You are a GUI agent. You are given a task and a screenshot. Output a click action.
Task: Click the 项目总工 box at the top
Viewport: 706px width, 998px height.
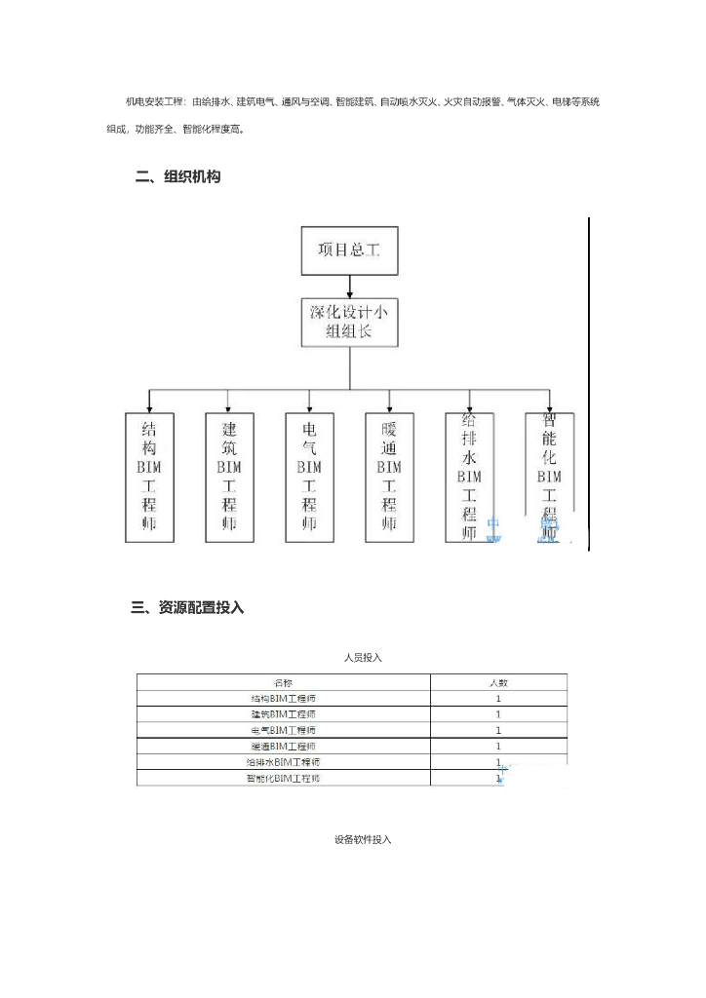point(349,250)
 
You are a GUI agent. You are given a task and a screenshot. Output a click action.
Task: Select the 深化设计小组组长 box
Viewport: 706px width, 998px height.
point(349,323)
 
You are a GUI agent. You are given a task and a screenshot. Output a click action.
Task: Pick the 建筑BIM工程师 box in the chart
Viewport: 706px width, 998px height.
point(228,477)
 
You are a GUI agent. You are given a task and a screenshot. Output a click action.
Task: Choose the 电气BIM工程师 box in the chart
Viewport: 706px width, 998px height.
point(309,477)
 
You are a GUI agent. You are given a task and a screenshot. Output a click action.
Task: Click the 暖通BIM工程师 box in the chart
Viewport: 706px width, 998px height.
point(389,477)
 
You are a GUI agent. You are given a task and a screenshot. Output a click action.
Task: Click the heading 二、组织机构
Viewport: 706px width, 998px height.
point(178,177)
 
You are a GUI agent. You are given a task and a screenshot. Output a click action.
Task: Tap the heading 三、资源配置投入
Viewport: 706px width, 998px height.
point(187,607)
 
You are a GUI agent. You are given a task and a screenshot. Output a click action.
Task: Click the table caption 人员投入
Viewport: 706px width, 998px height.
point(363,658)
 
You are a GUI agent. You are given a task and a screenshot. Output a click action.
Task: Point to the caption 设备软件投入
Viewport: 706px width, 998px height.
point(363,839)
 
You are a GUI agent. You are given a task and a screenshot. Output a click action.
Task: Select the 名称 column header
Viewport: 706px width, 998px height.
point(283,682)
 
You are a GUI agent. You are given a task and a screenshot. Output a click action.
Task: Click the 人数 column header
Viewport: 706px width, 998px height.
point(498,682)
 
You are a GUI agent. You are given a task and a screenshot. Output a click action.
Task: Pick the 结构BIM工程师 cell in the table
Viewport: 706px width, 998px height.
point(283,698)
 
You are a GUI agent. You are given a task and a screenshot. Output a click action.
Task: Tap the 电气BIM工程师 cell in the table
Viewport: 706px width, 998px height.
point(283,730)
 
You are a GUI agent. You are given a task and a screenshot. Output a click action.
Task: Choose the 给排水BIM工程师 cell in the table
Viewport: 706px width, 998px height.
point(283,762)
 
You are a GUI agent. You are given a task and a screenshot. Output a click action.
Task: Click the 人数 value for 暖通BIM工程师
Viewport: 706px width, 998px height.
point(498,746)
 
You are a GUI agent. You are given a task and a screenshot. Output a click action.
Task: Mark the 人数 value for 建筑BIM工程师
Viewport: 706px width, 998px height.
point(498,714)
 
